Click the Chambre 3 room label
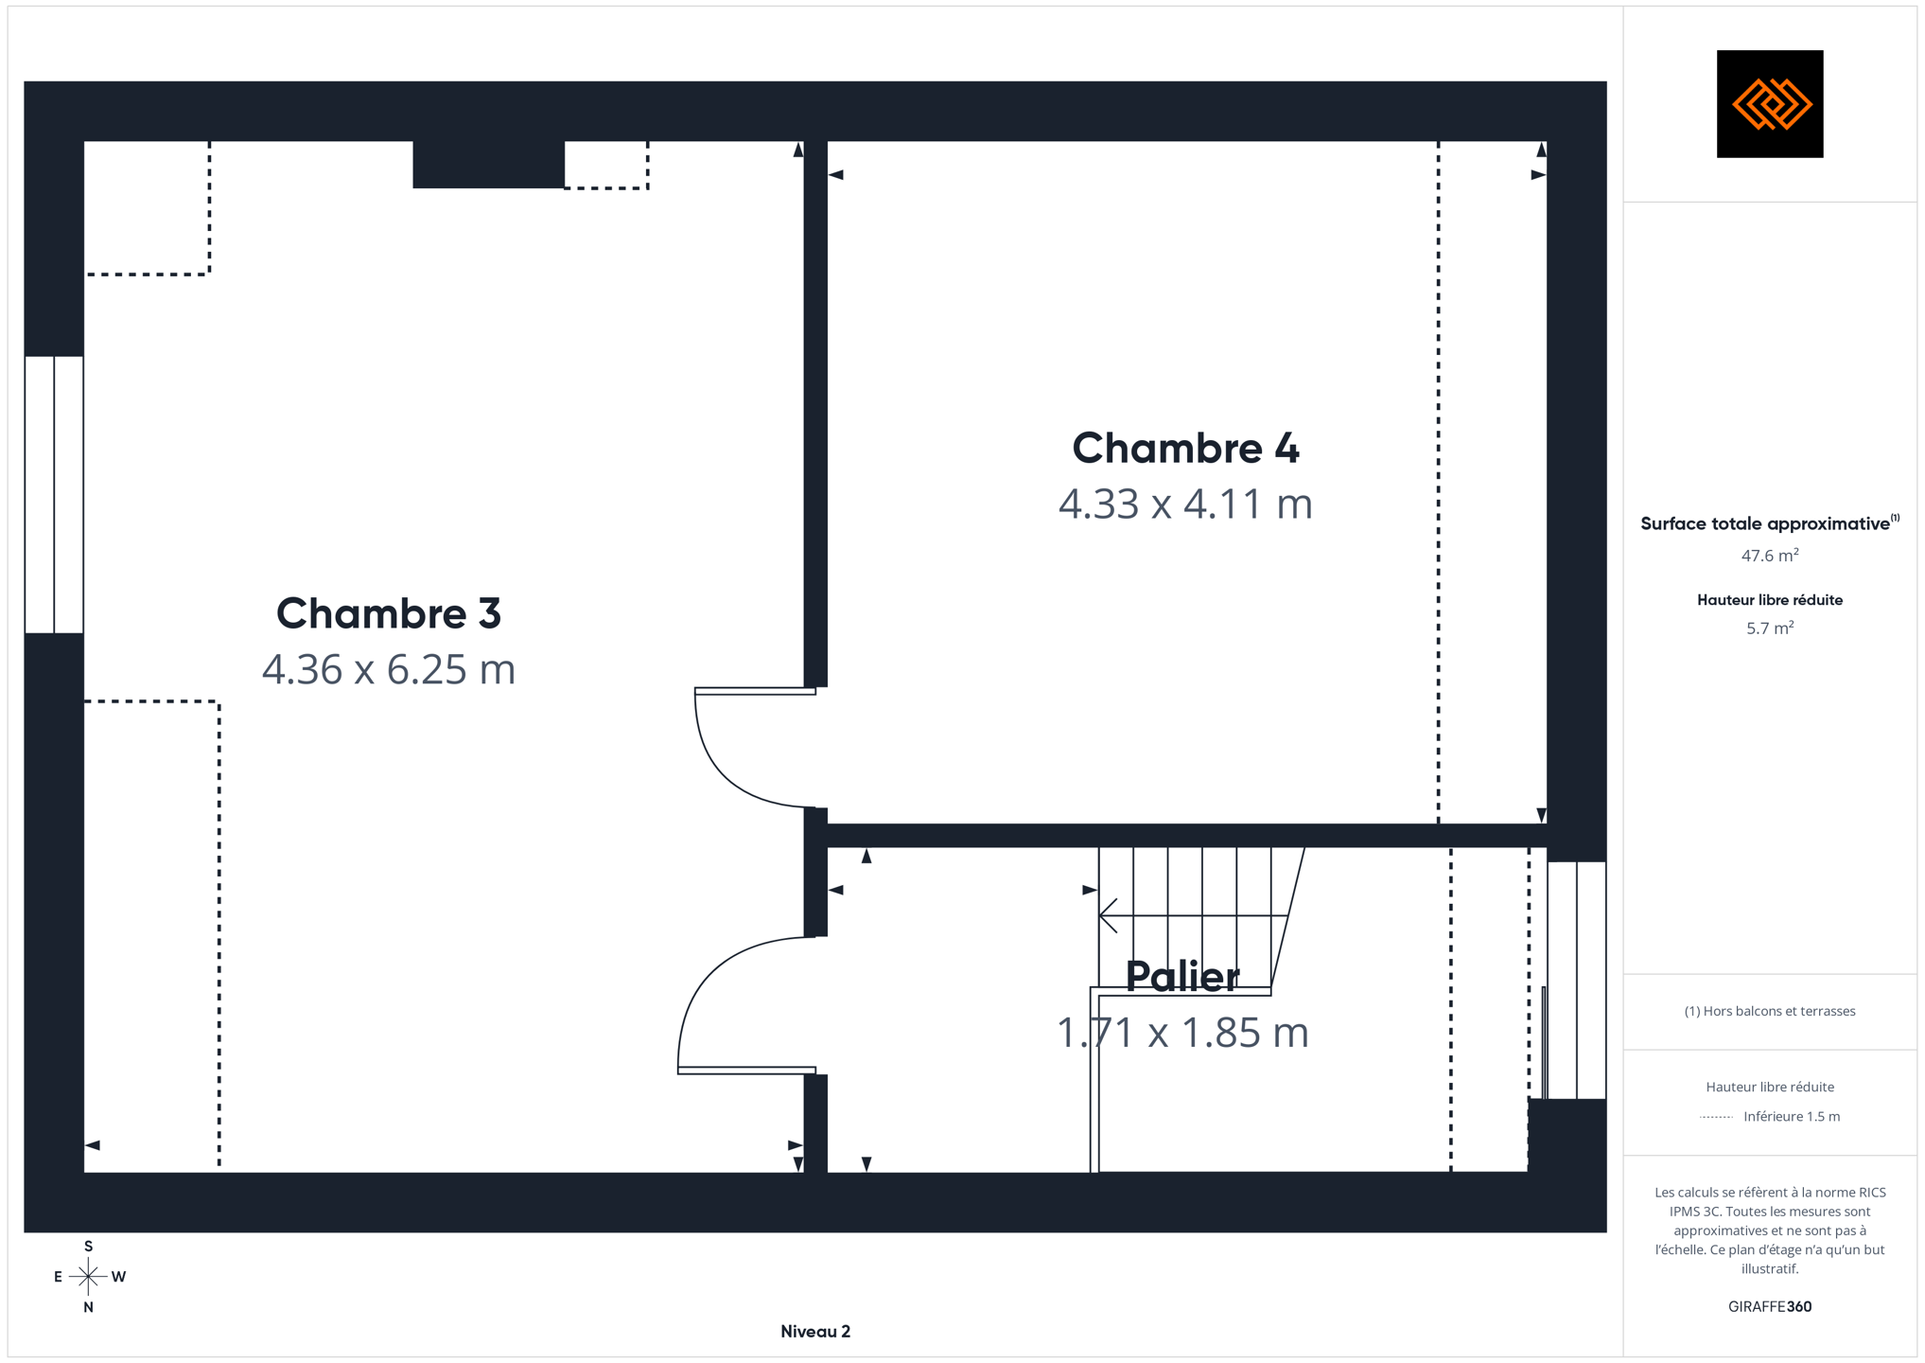(x=389, y=613)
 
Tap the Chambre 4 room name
(x=1185, y=448)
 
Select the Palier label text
(x=1182, y=976)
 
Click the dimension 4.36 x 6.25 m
(x=389, y=669)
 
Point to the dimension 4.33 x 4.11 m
(x=1185, y=504)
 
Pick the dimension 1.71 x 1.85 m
(x=1182, y=1032)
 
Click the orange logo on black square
(x=1770, y=104)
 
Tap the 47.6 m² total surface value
(x=1770, y=555)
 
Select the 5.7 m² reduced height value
(x=1770, y=628)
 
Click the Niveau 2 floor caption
(x=815, y=1331)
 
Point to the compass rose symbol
(x=88, y=1277)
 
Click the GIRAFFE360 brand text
(x=1770, y=1306)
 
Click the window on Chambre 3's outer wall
(x=54, y=494)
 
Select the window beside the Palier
(x=1576, y=980)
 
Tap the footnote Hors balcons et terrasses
(x=1770, y=1011)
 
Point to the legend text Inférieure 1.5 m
(x=1792, y=1116)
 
